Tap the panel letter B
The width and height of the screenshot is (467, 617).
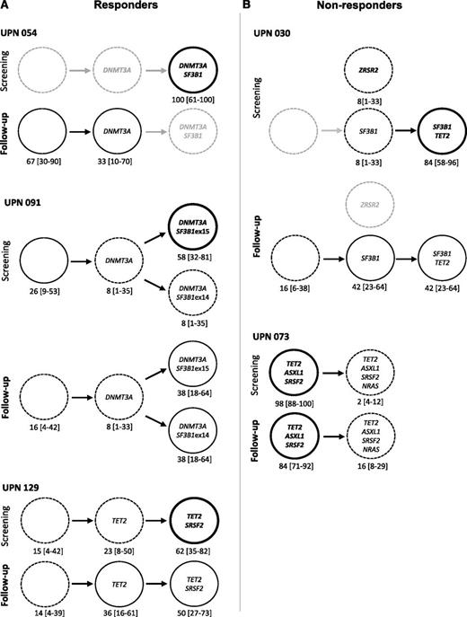[248, 7]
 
